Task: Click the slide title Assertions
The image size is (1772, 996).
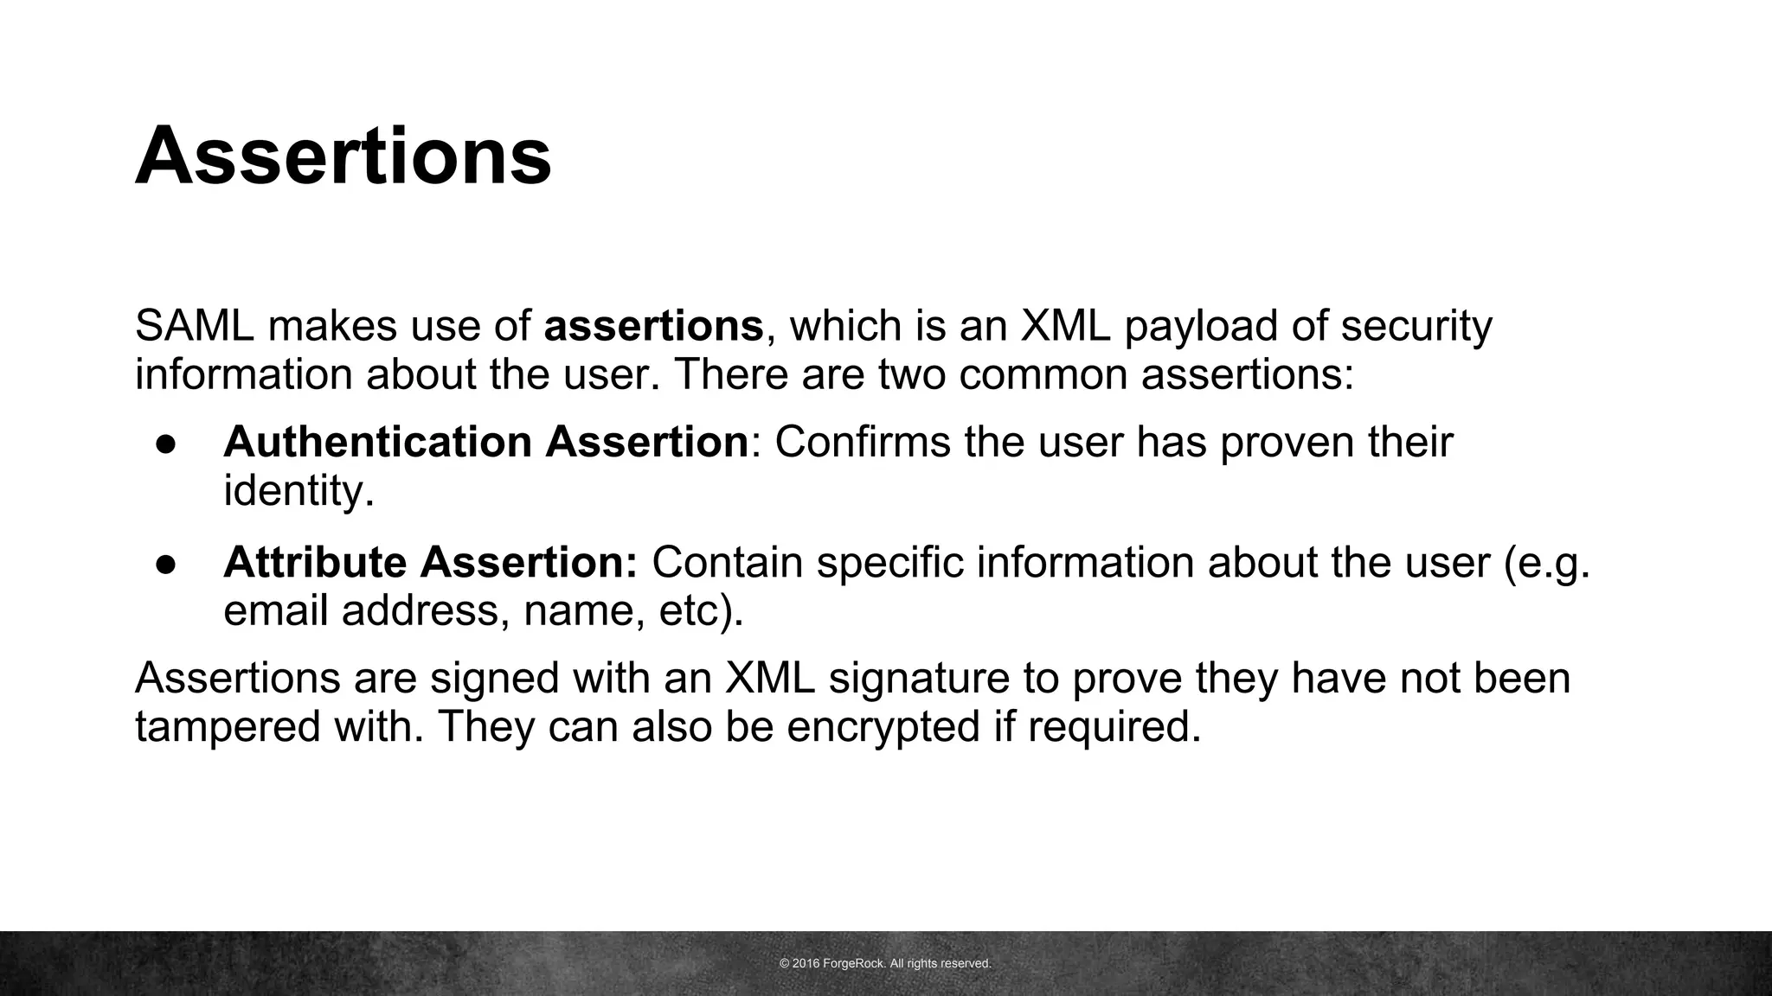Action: [343, 156]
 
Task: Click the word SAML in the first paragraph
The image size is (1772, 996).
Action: [194, 326]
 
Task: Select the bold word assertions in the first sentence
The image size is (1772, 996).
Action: [653, 326]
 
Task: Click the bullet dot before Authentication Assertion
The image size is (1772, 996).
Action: [166, 444]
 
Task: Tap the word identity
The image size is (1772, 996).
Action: [298, 491]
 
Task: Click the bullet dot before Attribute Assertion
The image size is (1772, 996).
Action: [166, 564]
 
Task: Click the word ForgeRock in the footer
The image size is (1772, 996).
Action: [854, 963]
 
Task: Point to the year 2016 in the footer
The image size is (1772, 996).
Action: [806, 963]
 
